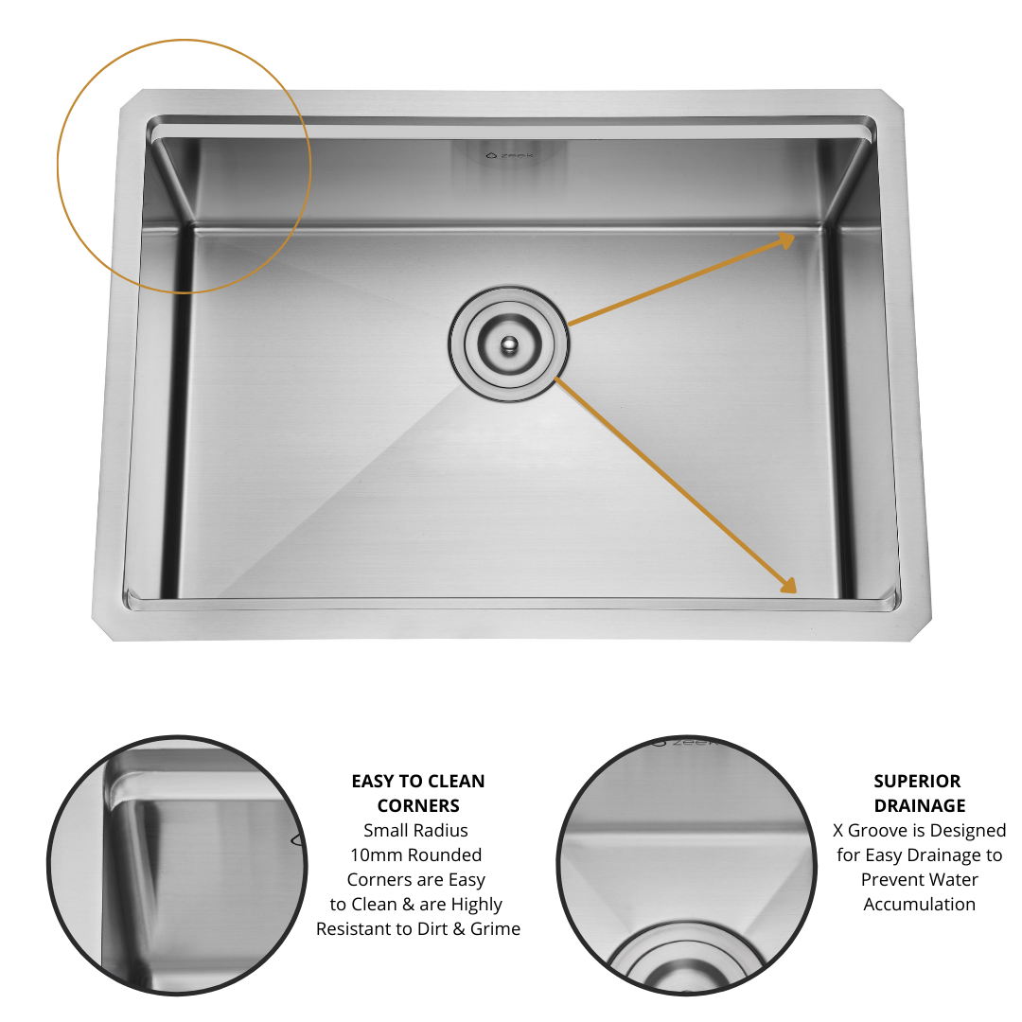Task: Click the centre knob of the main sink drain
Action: [x=510, y=344]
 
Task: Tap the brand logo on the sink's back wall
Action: [x=510, y=156]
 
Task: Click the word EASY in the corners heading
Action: [x=373, y=782]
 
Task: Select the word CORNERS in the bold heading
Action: [x=417, y=806]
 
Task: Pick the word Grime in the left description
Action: [x=495, y=929]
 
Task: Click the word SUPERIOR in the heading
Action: [x=917, y=782]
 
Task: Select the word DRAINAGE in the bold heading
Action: [x=919, y=806]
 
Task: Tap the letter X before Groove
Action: [x=838, y=831]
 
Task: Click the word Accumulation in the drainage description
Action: [x=919, y=905]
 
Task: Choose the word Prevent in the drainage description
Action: [x=893, y=880]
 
